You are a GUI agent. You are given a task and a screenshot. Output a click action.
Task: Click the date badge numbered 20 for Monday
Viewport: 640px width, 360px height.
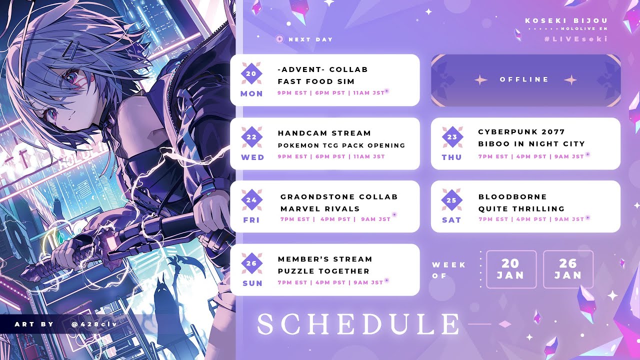tap(251, 73)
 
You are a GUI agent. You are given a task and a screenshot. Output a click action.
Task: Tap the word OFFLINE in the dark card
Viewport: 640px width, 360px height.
tap(524, 79)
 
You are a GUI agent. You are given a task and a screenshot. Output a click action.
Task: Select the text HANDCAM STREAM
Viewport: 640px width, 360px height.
tap(324, 133)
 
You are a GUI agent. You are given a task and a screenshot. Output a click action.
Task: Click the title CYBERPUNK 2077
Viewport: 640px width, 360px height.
tap(521, 131)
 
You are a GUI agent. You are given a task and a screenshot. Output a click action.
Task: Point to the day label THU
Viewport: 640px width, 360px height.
tap(451, 157)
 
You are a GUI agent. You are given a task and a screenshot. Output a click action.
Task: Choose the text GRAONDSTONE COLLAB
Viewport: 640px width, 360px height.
tap(339, 196)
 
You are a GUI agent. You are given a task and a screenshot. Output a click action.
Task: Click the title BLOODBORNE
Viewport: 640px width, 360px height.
tap(512, 196)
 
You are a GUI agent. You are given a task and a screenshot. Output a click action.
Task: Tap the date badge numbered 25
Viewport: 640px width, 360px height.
tap(451, 200)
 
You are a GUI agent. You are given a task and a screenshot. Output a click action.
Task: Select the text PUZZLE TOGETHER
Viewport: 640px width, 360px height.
tap(323, 271)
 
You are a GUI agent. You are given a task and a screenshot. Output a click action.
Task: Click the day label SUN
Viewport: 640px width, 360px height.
tap(252, 283)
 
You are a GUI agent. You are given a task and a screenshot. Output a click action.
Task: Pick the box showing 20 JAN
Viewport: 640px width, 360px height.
tap(511, 269)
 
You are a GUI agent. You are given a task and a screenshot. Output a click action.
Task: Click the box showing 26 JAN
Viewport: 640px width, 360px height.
tap(568, 269)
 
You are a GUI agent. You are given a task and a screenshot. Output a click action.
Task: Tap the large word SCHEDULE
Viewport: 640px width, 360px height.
tap(358, 323)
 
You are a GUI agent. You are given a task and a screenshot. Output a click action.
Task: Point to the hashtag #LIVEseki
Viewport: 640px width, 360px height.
tap(576, 39)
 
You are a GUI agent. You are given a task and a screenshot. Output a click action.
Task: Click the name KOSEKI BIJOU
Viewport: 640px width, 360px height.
tap(566, 20)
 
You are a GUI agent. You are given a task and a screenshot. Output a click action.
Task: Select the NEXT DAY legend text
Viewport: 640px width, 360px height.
tap(310, 39)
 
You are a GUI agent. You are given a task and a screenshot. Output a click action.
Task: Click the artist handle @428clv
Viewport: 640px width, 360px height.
tap(94, 324)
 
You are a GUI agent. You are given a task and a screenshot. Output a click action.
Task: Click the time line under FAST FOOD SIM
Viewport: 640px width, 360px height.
tap(331, 93)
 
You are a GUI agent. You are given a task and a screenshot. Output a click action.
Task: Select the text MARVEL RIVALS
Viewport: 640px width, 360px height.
tap(320, 208)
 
